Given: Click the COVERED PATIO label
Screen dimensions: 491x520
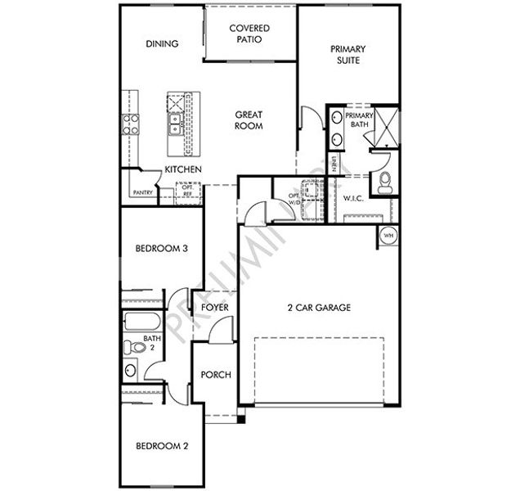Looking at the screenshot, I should pos(249,34).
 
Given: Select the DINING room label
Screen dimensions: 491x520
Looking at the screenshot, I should pos(162,43).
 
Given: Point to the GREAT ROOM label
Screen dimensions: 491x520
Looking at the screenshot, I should pos(249,120).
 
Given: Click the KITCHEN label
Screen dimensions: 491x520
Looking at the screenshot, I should pos(183,169).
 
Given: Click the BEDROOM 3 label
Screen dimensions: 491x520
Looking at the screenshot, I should pos(162,249).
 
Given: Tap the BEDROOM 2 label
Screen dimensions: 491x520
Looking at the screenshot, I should pos(162,446).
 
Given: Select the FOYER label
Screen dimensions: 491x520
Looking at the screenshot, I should pos(214,307).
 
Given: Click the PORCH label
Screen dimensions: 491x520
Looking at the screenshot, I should pos(216,375).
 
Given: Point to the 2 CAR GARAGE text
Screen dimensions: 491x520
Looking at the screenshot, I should pos(319,308).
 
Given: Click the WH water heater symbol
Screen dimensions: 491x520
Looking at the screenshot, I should pos(388,236).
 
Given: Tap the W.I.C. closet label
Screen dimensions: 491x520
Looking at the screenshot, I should pos(353,197).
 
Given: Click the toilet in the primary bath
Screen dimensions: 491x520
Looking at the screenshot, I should pos(385,184).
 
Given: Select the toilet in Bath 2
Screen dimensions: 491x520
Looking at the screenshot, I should pos(131,348).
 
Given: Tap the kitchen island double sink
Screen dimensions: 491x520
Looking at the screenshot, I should pos(175,125).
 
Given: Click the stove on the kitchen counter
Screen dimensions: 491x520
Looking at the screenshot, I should pos(130,124).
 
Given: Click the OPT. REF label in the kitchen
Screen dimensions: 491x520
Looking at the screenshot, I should pos(187,190).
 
